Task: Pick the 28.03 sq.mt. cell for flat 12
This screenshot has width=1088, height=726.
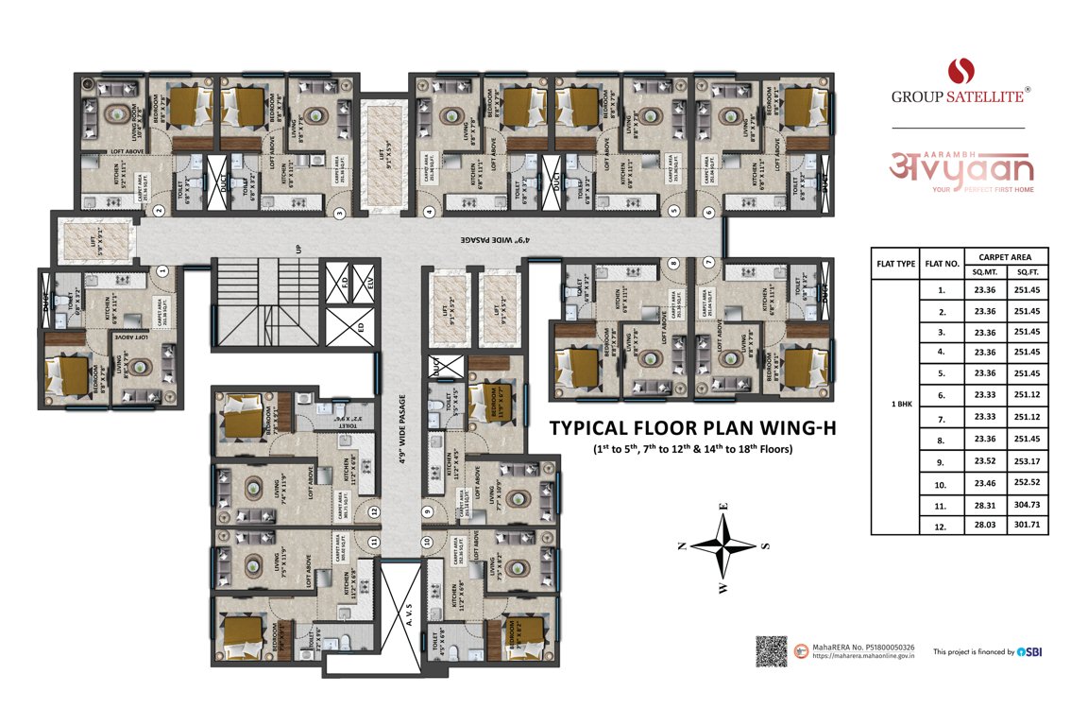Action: click(x=985, y=526)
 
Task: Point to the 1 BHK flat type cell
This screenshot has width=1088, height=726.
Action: click(x=894, y=406)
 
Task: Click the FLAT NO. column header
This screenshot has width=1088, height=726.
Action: click(x=943, y=263)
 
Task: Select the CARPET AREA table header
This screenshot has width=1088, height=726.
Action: click(x=1005, y=256)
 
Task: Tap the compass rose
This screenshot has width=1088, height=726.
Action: click(x=723, y=546)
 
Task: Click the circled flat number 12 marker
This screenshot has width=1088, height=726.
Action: click(x=375, y=511)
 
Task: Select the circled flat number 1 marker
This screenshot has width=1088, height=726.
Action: click(x=162, y=270)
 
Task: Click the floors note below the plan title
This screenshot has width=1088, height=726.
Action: click(x=692, y=448)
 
